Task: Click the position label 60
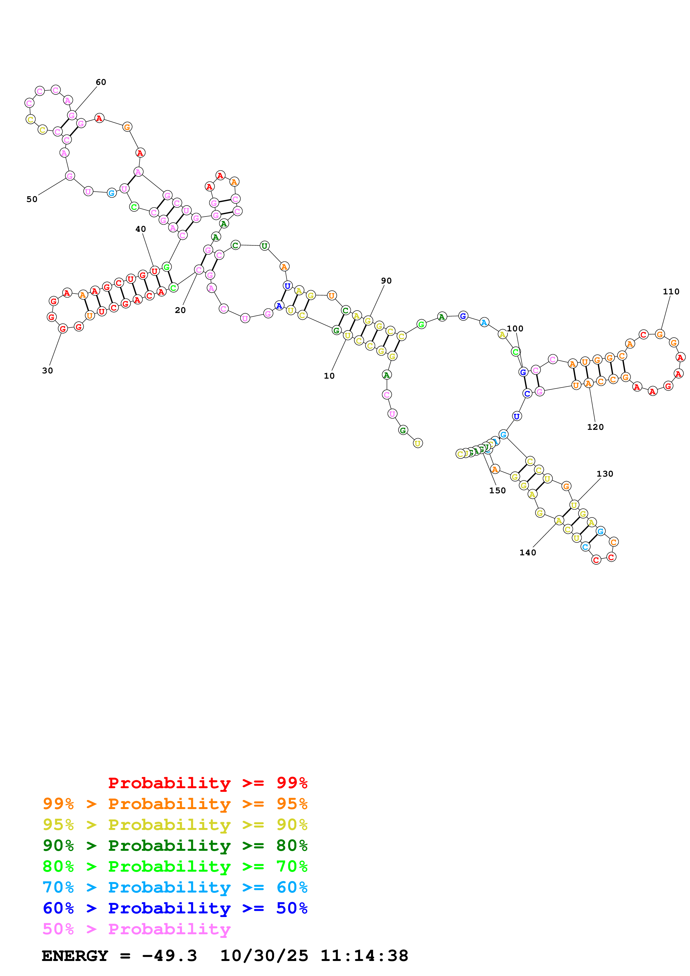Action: (x=101, y=82)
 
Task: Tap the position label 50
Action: (x=32, y=199)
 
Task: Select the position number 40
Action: (x=141, y=229)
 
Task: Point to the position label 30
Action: (x=48, y=371)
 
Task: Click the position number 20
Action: (x=180, y=310)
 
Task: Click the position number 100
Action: (x=515, y=329)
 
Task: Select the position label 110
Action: (x=671, y=292)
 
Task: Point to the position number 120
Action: (x=595, y=427)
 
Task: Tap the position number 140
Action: (x=528, y=553)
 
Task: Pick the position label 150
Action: (x=497, y=491)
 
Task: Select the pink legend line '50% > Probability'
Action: (x=136, y=929)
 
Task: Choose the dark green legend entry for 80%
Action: (x=175, y=846)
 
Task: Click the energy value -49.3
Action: (x=169, y=956)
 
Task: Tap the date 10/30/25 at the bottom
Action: (x=264, y=956)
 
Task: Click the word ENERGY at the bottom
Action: (x=75, y=956)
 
